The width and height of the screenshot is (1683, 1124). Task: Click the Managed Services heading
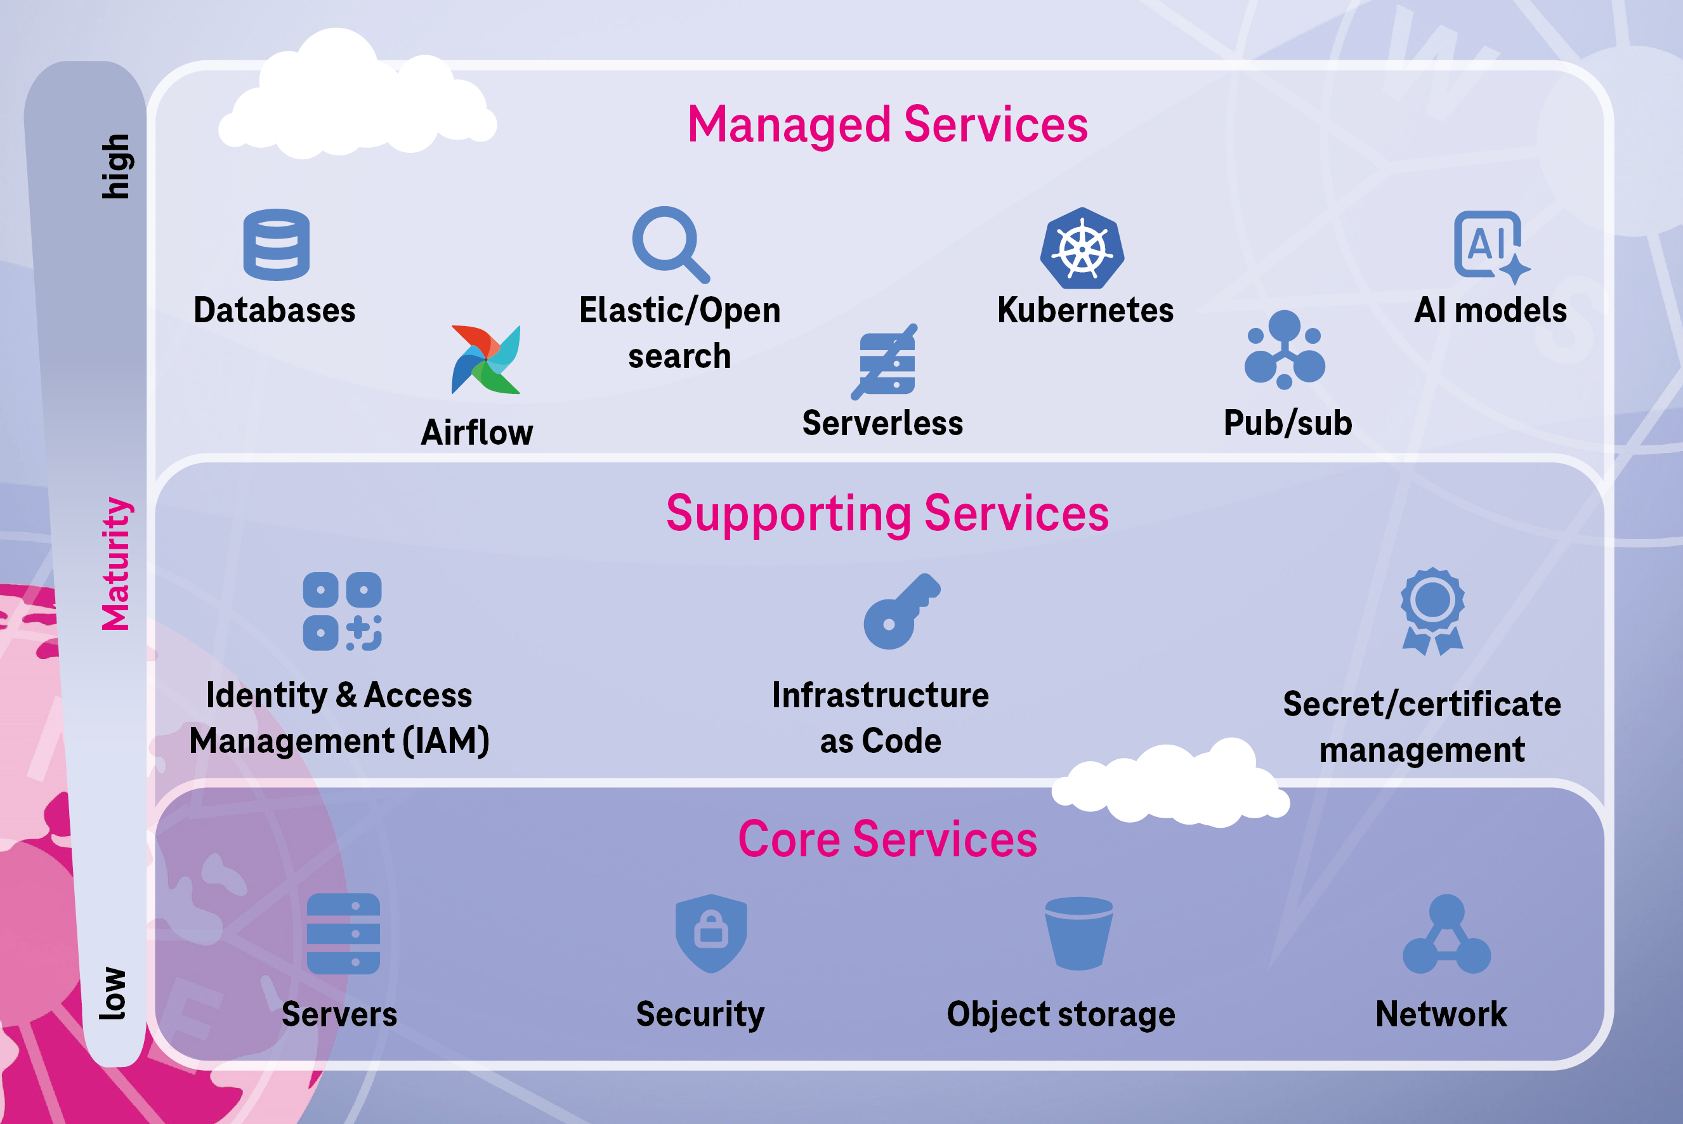(x=887, y=125)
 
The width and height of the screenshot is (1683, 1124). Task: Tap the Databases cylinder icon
(x=276, y=244)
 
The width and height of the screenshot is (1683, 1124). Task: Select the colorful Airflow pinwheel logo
(x=486, y=360)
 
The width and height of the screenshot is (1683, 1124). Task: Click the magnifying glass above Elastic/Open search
(x=669, y=244)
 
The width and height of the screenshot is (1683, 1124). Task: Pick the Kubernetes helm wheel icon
(x=1082, y=249)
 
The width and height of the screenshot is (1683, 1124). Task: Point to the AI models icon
(x=1490, y=246)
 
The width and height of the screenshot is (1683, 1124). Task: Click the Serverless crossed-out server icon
(x=886, y=362)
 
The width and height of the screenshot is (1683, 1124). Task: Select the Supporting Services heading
(x=887, y=513)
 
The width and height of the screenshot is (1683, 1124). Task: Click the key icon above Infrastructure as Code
(x=900, y=611)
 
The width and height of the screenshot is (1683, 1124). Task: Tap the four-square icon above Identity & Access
(x=342, y=611)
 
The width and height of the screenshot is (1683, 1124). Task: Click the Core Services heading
(x=887, y=839)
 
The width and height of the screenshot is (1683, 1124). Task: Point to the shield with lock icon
(x=711, y=932)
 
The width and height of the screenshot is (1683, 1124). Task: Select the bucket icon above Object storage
(x=1078, y=932)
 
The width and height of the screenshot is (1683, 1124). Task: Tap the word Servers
(x=339, y=1014)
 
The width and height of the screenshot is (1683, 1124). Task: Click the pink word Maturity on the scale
(x=115, y=563)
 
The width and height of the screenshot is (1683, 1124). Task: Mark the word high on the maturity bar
(x=115, y=166)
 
